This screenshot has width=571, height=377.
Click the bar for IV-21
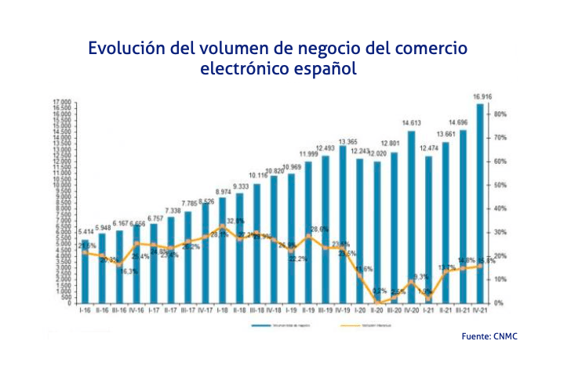[479, 203]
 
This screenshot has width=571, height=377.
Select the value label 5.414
[85, 232]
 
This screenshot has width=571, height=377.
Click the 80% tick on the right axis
[500, 114]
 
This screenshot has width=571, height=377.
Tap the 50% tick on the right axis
[500, 185]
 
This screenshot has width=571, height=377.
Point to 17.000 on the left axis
[62, 103]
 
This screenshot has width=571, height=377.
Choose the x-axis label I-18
[222, 310]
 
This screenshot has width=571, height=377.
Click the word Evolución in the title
[125, 48]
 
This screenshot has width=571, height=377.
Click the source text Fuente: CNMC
[489, 336]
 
